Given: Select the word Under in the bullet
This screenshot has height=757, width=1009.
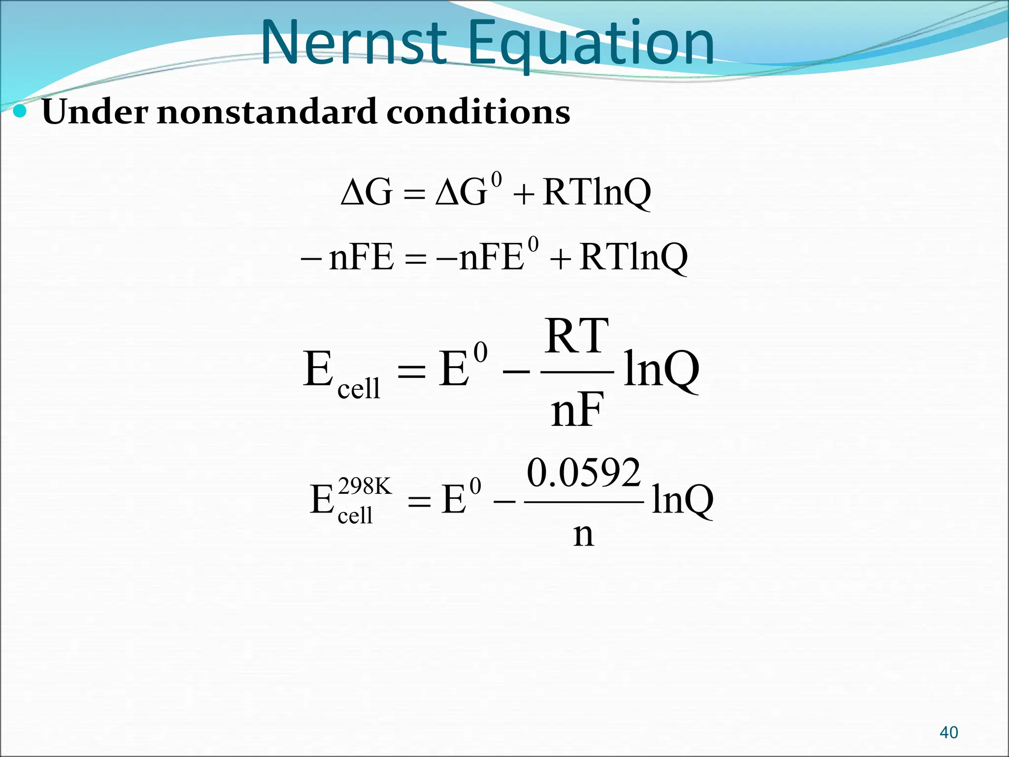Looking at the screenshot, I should point(95,112).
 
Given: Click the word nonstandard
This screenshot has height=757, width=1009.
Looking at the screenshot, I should point(267,112).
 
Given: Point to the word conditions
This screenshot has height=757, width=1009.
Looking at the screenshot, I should point(478,112).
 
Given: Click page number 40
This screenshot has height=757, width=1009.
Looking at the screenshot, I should point(949,732).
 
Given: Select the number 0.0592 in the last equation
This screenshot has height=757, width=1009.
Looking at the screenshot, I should point(584,473).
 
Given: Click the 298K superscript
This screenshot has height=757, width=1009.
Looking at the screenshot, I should point(365,487).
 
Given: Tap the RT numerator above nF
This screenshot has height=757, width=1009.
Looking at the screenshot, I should point(577,337).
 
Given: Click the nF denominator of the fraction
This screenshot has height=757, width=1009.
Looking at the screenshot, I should point(577,411).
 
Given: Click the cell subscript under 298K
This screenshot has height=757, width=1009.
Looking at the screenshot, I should point(355,516).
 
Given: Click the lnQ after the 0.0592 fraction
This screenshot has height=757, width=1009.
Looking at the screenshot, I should point(682,500).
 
